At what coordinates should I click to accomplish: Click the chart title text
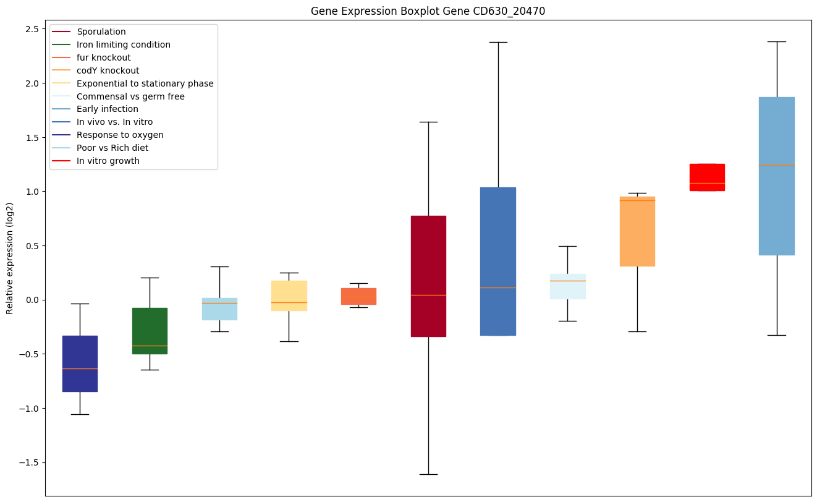click(x=428, y=11)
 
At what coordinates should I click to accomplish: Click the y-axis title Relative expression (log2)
click(x=10, y=257)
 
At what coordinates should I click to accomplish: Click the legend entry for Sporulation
click(x=101, y=32)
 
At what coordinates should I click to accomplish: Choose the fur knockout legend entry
click(x=103, y=57)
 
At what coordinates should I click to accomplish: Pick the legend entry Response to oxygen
click(x=120, y=135)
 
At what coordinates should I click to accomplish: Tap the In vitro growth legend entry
click(x=108, y=161)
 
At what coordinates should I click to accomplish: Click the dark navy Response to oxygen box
click(x=80, y=364)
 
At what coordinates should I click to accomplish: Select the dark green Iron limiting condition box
click(x=150, y=331)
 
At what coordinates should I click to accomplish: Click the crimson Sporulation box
click(x=428, y=276)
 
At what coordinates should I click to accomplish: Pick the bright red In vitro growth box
click(x=707, y=177)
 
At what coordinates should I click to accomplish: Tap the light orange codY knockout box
click(x=637, y=231)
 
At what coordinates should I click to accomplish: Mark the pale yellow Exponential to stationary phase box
click(x=289, y=296)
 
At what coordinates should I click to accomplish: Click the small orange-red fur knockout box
click(x=358, y=296)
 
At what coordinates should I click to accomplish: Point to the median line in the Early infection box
click(x=776, y=165)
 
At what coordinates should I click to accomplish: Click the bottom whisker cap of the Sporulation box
click(x=428, y=474)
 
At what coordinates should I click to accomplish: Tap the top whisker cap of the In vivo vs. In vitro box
click(x=498, y=42)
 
